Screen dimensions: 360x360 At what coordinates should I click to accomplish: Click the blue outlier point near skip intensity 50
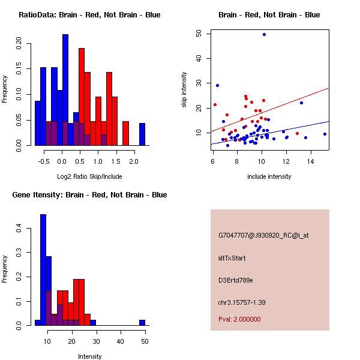click(x=264, y=34)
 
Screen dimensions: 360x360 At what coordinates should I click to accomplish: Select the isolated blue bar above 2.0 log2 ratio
click(x=142, y=134)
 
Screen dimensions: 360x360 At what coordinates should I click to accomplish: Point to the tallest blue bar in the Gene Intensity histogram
click(x=43, y=269)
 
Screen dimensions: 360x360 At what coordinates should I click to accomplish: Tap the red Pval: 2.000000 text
click(x=239, y=319)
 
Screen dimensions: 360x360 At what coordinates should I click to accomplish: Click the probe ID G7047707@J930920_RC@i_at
click(x=263, y=236)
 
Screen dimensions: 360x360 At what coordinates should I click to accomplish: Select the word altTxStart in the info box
click(x=232, y=258)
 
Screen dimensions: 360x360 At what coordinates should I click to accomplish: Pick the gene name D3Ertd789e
click(x=236, y=280)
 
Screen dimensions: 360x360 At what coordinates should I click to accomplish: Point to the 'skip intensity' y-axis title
click(x=184, y=90)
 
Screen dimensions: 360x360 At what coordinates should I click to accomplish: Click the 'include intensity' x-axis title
click(x=269, y=176)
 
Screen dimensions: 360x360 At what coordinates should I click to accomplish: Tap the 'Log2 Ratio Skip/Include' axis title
click(x=89, y=176)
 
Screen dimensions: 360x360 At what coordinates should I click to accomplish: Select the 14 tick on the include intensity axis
click(x=310, y=161)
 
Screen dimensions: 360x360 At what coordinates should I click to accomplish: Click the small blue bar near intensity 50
click(x=142, y=322)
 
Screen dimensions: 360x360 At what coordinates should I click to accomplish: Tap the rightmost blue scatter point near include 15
click(x=325, y=134)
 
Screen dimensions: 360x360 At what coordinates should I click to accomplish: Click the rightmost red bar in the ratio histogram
click(x=125, y=133)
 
